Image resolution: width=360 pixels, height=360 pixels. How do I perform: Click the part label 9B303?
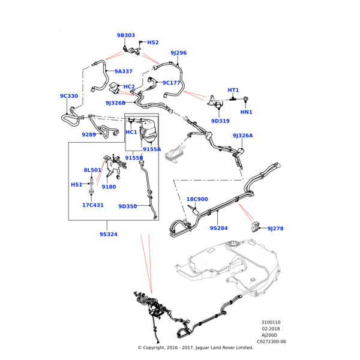click(x=126, y=35)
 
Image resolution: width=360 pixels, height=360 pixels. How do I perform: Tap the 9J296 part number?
click(x=178, y=53)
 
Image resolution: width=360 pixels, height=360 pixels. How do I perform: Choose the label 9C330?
click(x=69, y=96)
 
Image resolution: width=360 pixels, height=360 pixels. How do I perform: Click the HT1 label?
click(x=233, y=90)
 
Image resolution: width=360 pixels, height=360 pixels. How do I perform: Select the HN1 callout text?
click(x=246, y=112)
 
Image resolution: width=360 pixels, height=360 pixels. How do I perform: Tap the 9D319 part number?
click(x=220, y=121)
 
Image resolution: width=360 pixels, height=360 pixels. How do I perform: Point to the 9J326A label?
click(x=243, y=136)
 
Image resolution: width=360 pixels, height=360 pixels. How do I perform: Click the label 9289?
click(x=89, y=135)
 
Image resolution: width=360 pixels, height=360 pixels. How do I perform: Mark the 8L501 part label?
click(x=92, y=170)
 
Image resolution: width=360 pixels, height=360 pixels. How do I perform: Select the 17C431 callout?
click(x=93, y=205)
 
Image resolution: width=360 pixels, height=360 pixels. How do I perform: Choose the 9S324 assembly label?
click(x=109, y=234)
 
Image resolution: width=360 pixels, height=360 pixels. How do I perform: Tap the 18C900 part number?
click(x=197, y=199)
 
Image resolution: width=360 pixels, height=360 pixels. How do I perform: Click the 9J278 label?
click(x=275, y=229)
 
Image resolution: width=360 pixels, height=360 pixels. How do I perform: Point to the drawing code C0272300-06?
click(x=271, y=341)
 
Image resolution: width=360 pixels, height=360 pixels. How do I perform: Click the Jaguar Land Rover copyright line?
click(x=195, y=348)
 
